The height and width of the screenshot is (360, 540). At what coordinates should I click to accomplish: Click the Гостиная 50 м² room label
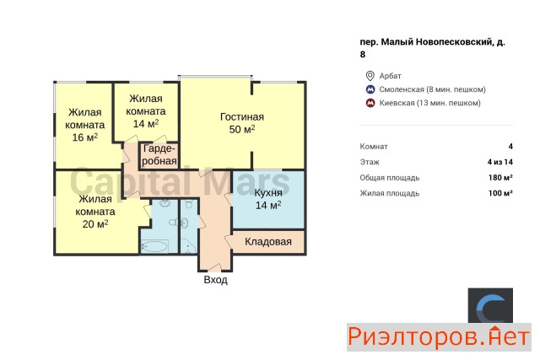242,123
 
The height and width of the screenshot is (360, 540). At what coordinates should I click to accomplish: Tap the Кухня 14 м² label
268,199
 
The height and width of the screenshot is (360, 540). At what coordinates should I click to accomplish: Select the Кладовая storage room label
268,242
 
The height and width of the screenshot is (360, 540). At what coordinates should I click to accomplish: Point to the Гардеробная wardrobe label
159,155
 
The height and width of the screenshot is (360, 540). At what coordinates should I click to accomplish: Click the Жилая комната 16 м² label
85,125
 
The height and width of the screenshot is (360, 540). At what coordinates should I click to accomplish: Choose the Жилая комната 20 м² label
95,212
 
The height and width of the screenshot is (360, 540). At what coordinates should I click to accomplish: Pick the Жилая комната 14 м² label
146,111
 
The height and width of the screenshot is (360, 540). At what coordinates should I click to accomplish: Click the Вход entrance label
216,279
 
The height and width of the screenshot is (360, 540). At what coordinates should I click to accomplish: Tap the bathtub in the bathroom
154,246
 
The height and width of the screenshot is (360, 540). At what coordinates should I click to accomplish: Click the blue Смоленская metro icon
370,89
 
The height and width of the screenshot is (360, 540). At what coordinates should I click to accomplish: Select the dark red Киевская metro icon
370,103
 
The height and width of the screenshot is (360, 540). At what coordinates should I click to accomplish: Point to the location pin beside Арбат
370,76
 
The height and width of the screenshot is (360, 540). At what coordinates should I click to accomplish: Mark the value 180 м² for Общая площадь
500,178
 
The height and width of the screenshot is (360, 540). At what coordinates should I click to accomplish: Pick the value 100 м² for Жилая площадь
500,193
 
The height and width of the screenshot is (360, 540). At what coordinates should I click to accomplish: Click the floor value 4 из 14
500,162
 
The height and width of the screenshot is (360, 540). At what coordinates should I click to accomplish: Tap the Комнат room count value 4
510,146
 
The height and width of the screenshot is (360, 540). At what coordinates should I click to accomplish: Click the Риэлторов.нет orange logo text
439,337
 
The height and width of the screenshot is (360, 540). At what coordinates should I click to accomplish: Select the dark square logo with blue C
490,305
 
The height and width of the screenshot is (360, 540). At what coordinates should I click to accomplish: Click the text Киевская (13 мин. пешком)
429,103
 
